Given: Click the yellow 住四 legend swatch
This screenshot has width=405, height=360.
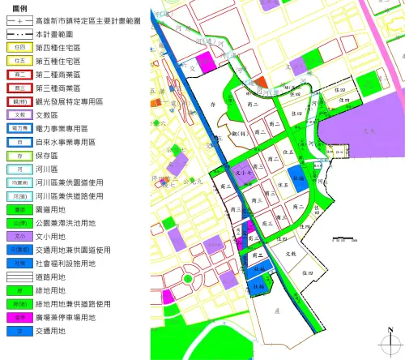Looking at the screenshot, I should (19, 48).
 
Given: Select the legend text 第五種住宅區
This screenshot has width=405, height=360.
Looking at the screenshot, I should (58, 61).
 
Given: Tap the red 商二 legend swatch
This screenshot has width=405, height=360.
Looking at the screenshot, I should (19, 75).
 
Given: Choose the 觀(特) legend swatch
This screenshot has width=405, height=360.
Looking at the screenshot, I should (19, 101).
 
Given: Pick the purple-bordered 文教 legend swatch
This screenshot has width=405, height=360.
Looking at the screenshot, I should (19, 115).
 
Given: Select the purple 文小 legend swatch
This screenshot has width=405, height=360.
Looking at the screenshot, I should (19, 236).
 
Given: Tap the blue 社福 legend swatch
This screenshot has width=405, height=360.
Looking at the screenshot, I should (19, 264).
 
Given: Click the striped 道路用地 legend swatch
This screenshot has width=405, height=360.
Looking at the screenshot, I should (19, 276).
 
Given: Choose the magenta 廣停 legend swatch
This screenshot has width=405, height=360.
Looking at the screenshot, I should (19, 318).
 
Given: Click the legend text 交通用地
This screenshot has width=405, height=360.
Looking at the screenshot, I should (53, 331).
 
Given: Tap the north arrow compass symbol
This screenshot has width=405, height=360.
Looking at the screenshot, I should (390, 339).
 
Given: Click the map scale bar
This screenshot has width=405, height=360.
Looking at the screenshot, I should (344, 240).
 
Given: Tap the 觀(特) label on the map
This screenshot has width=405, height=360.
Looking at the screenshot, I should (237, 131).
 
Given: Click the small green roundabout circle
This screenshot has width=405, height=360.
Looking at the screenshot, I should (188, 279).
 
